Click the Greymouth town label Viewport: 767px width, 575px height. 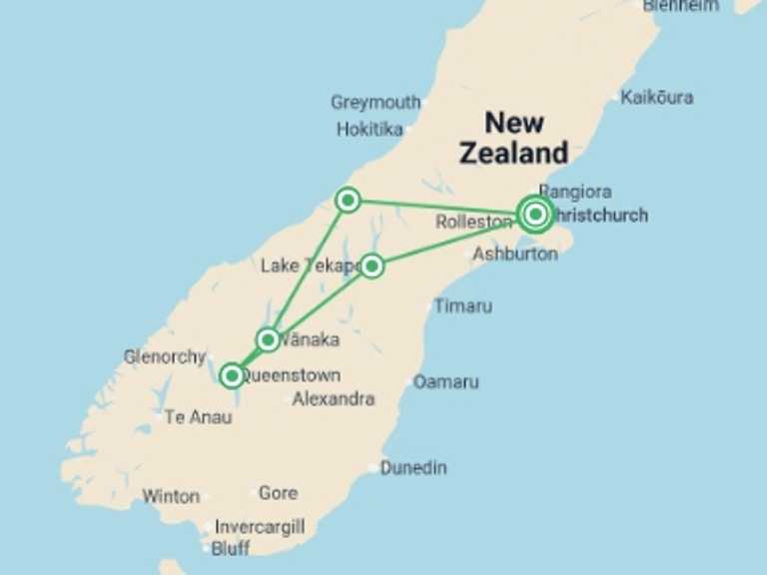pyautogui.click(x=376, y=103)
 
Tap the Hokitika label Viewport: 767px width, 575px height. pyautogui.click(x=370, y=129)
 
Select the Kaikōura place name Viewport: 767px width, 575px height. pyautogui.click(x=656, y=98)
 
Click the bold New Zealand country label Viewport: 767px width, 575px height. pyautogui.click(x=513, y=138)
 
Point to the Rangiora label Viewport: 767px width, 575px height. pyautogui.click(x=575, y=191)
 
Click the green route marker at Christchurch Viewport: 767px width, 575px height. pyautogui.click(x=536, y=213)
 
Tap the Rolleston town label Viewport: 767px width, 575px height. pyautogui.click(x=473, y=222)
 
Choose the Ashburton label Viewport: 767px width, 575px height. pyautogui.click(x=514, y=254)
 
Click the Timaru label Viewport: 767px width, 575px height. pyautogui.click(x=462, y=306)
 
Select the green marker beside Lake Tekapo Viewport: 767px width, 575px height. pyautogui.click(x=372, y=266)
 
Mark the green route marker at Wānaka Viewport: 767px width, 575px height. pyautogui.click(x=268, y=339)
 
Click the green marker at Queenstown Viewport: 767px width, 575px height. pyautogui.click(x=232, y=375)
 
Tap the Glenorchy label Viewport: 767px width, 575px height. pyautogui.click(x=164, y=356)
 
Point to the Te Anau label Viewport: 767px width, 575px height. pyautogui.click(x=198, y=416)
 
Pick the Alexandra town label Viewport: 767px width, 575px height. pyautogui.click(x=334, y=398)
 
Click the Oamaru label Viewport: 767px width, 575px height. pyautogui.click(x=445, y=381)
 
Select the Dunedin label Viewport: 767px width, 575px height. pyautogui.click(x=413, y=467)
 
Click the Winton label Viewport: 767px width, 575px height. pyautogui.click(x=171, y=496)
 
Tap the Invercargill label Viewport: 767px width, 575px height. pyautogui.click(x=259, y=527)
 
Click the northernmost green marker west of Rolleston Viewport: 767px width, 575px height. pyautogui.click(x=348, y=200)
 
